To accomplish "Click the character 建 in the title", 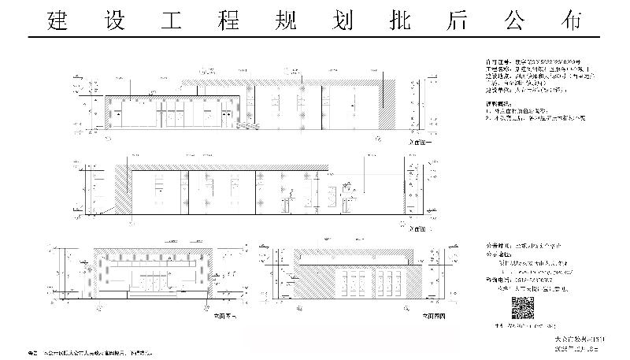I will [57, 21].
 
